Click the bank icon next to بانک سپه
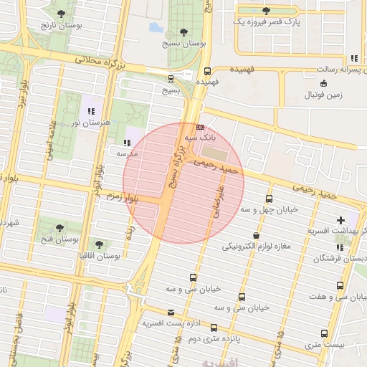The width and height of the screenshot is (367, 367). (200, 127)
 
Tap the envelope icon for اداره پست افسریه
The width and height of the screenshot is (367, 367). (171, 313)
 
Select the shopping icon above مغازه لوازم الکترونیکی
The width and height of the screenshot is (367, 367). (256, 235)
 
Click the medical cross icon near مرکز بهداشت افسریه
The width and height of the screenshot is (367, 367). (340, 219)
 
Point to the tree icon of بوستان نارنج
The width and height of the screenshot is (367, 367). (60, 14)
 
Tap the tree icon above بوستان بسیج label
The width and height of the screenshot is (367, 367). (184, 32)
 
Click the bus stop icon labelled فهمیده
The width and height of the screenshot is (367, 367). (207, 71)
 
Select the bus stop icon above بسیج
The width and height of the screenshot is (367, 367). (171, 79)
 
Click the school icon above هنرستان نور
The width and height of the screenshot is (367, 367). (91, 111)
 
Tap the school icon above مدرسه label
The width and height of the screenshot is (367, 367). (128, 142)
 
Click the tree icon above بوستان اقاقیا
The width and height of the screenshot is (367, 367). (99, 244)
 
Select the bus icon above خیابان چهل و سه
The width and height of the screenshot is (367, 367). (269, 199)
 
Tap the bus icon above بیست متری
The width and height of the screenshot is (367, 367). (325, 333)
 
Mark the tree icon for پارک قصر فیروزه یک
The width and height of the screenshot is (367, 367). (267, 10)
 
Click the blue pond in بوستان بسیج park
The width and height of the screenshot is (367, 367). (156, 28)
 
